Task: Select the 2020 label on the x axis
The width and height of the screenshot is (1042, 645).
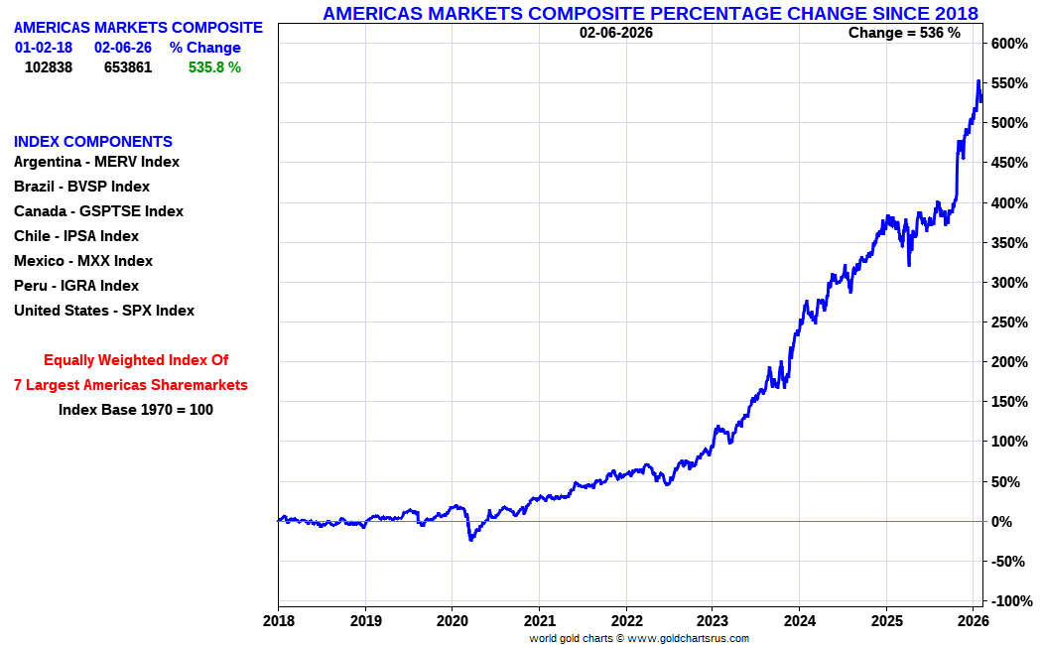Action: click(452, 621)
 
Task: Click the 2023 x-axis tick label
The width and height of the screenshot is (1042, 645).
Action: click(713, 621)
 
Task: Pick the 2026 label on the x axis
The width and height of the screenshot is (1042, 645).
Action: click(973, 621)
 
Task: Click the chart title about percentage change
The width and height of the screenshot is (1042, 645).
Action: click(650, 13)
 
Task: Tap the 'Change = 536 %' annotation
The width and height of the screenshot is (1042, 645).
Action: click(904, 33)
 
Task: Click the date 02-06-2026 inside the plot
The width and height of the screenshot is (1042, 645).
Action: click(616, 33)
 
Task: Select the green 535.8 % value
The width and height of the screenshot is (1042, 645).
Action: click(214, 67)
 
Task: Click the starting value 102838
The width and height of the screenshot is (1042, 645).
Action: click(49, 67)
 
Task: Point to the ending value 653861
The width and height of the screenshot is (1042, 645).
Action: click(128, 67)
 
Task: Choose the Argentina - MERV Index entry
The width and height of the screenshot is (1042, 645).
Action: click(96, 162)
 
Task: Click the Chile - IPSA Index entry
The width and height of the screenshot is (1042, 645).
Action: click(76, 236)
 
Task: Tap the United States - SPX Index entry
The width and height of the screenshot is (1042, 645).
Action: click(104, 311)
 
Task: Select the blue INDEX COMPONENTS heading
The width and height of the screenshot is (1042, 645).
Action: click(93, 142)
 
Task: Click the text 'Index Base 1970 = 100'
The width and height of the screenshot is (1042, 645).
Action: click(136, 409)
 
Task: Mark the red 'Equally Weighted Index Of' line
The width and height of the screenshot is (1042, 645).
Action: click(136, 360)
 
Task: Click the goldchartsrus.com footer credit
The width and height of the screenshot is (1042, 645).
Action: click(639, 638)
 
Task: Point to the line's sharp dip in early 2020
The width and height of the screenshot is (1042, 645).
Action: click(470, 539)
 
